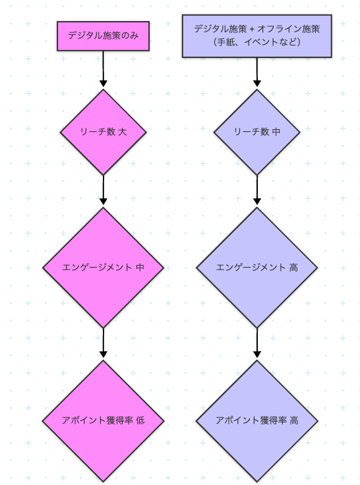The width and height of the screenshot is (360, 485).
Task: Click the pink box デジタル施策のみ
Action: (103, 36)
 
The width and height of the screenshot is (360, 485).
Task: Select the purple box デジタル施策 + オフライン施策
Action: (257, 36)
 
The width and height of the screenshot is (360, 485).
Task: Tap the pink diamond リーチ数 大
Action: (103, 132)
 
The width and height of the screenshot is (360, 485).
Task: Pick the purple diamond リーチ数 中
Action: (257, 132)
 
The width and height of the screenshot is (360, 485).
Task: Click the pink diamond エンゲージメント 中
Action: (103, 268)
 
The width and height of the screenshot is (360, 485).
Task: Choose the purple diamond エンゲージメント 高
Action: (257, 268)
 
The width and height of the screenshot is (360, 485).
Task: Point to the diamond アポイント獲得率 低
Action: (103, 420)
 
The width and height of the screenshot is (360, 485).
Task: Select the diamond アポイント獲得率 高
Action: (257, 420)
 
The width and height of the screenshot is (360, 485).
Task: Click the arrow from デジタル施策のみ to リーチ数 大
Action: (103, 69)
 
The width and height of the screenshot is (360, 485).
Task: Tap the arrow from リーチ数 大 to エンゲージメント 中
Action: (104, 190)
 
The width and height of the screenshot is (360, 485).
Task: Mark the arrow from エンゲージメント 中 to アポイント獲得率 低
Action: (104, 343)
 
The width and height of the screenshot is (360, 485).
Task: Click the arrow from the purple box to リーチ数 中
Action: (257, 72)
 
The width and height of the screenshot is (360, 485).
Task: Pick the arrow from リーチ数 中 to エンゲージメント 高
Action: (257, 190)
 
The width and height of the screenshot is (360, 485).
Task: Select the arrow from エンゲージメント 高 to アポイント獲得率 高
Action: (257, 343)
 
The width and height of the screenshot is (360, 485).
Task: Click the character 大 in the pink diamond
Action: (123, 132)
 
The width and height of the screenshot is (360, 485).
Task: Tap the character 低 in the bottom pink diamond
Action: (140, 420)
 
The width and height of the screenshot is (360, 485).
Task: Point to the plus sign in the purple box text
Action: (251, 30)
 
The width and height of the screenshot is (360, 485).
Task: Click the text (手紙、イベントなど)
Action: (257, 42)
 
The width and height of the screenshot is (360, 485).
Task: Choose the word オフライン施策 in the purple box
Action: (289, 29)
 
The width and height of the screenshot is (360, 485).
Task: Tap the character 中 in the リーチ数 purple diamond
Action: (276, 132)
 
